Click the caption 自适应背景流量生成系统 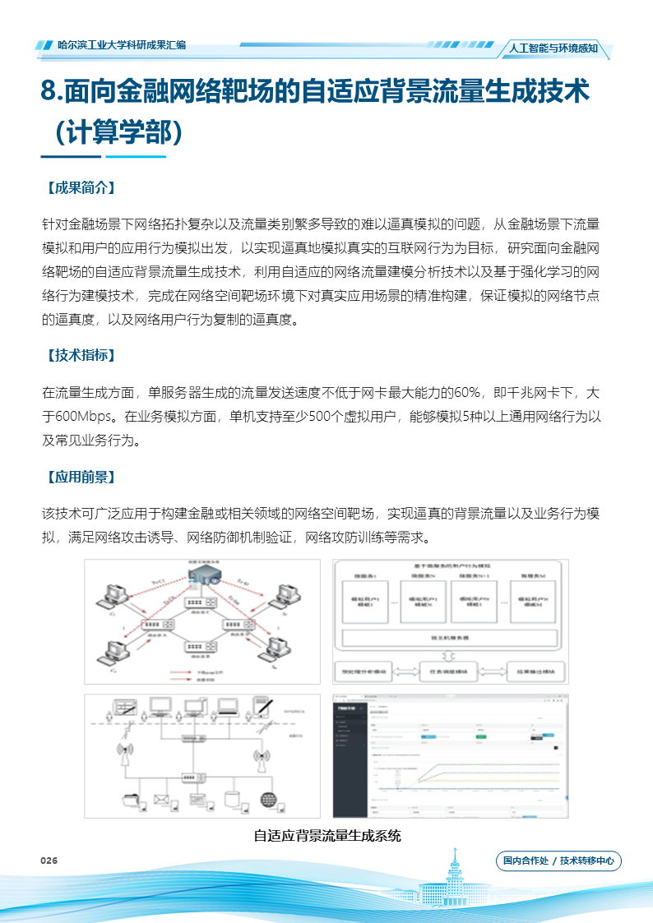(326, 836)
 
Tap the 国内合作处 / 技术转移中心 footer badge (558, 861)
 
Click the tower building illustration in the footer (454, 884)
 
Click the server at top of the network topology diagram (201, 577)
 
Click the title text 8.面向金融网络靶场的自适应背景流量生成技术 (315, 92)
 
